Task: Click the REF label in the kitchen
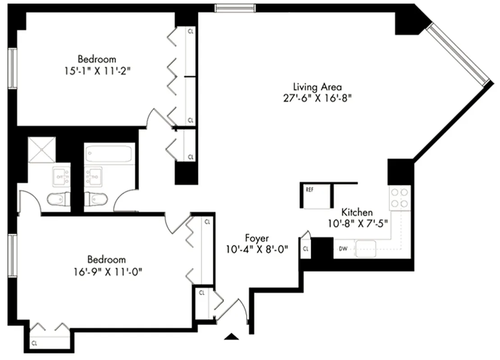pyautogui.click(x=309, y=189)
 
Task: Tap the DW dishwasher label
pyautogui.click(x=342, y=248)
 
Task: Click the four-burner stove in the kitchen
pyautogui.click(x=399, y=198)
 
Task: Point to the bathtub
pyautogui.click(x=109, y=154)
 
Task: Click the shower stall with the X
pyautogui.click(x=41, y=150)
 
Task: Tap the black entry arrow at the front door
pyautogui.click(x=231, y=336)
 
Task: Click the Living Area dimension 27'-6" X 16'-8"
pyautogui.click(x=318, y=99)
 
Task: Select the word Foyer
pyautogui.click(x=257, y=238)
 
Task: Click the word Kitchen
pyautogui.click(x=357, y=212)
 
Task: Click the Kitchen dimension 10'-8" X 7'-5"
pyautogui.click(x=358, y=222)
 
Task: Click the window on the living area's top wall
pyautogui.click(x=235, y=8)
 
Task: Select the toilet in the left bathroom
pyautogui.click(x=57, y=198)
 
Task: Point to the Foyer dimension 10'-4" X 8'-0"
pyautogui.click(x=258, y=248)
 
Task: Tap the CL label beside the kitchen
pyautogui.click(x=305, y=248)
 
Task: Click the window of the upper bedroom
pyautogui.click(x=12, y=68)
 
